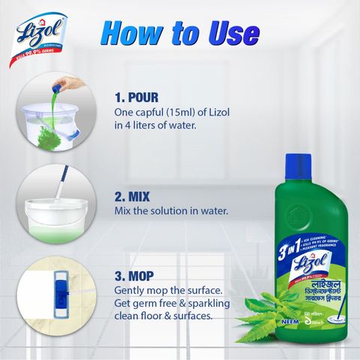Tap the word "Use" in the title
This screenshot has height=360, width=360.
232,33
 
